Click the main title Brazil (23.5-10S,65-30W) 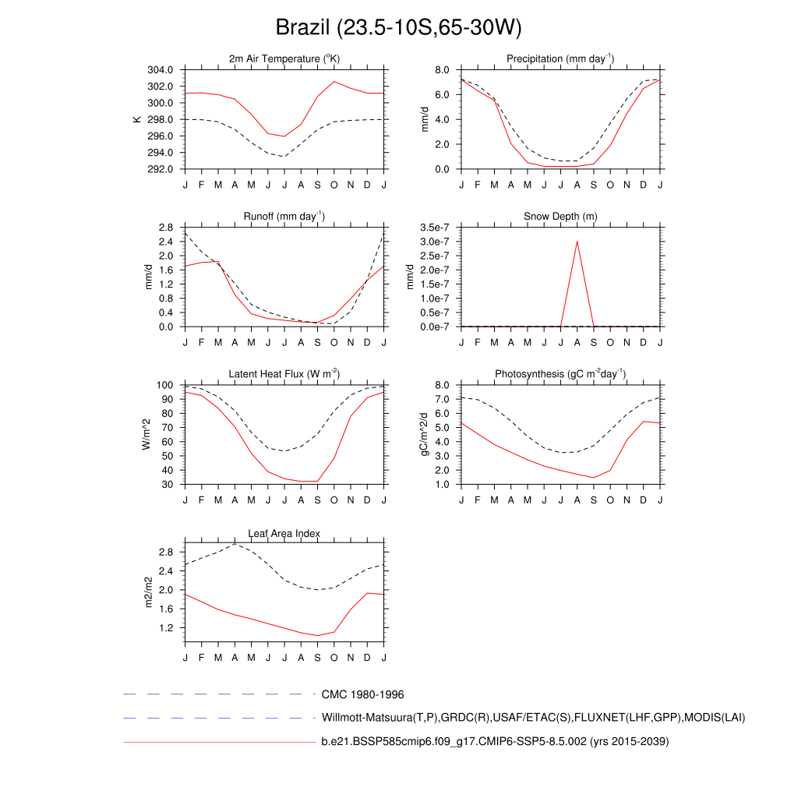click(x=398, y=28)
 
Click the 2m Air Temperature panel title click(x=284, y=59)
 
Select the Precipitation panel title click(x=560, y=59)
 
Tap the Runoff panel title click(x=284, y=217)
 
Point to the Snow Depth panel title click(x=560, y=217)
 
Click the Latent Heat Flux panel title click(x=284, y=374)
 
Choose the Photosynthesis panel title click(x=560, y=374)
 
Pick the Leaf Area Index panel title click(x=284, y=534)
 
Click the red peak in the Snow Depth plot click(x=577, y=241)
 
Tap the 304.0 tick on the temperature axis click(x=160, y=70)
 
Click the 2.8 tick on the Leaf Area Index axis click(x=166, y=553)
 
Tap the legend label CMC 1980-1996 click(x=362, y=694)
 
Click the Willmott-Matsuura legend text click(x=533, y=717)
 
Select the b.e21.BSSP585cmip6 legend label click(x=495, y=742)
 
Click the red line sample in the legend click(x=218, y=742)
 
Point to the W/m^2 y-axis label click(x=147, y=435)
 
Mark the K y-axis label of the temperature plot click(x=137, y=119)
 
